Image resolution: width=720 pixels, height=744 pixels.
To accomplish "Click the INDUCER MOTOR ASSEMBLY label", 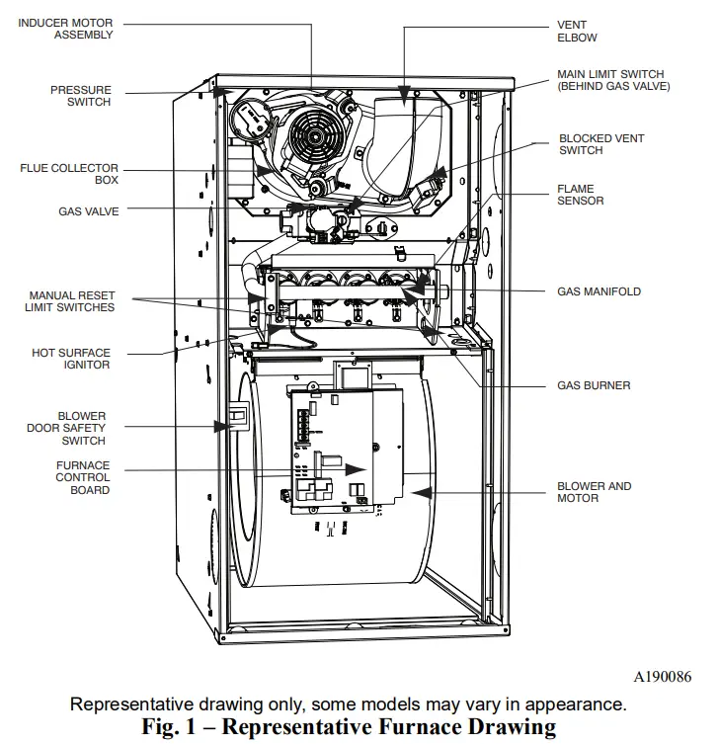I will pyautogui.click(x=65, y=29).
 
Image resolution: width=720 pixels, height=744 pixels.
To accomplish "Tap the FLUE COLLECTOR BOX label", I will pyautogui.click(x=69, y=174).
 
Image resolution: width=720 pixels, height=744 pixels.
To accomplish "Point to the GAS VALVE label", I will pyautogui.click(x=89, y=211).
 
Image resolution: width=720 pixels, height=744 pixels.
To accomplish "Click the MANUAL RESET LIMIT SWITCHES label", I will pyautogui.click(x=70, y=301).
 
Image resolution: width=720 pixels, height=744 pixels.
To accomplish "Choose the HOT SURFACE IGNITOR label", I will pyautogui.click(x=71, y=359).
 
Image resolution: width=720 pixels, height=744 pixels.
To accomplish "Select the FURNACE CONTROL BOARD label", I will pyautogui.click(x=83, y=477).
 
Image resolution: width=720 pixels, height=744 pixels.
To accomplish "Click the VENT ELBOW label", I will pyautogui.click(x=577, y=32).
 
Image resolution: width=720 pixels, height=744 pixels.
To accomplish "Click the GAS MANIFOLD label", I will pyautogui.click(x=599, y=291).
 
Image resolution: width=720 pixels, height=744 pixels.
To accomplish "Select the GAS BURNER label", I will pyautogui.click(x=593, y=385).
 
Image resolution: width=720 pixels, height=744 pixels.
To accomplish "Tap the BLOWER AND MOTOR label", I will pyautogui.click(x=594, y=492).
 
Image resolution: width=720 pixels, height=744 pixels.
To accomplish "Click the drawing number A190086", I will pyautogui.click(x=662, y=677).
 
